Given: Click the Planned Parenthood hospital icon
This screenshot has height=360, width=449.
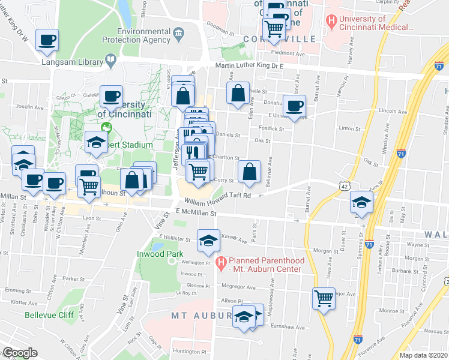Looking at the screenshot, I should [221, 261].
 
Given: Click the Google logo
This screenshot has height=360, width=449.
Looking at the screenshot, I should [20, 353].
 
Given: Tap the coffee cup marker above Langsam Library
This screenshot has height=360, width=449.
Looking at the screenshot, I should [47, 40].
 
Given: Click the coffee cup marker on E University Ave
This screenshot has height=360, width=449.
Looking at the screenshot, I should [294, 106].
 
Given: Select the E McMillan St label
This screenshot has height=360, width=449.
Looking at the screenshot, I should [195, 212].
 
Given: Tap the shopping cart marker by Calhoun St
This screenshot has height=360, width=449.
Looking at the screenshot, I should [89, 187].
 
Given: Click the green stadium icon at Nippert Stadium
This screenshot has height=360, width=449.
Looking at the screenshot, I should [107, 127].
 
